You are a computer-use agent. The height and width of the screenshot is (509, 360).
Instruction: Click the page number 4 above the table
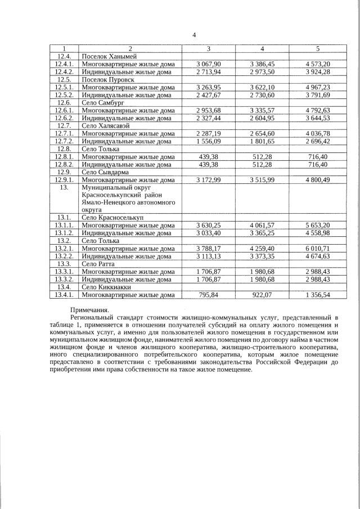point(194,35)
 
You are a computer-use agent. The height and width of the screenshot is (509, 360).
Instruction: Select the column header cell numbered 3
point(208,49)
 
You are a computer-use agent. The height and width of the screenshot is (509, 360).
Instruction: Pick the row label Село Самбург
point(103,103)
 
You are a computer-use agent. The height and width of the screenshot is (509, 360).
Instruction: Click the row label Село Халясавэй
point(106,127)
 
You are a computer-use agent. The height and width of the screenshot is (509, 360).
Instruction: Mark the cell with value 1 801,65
point(263,142)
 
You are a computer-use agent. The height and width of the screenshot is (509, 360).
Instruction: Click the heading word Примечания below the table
point(90,310)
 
